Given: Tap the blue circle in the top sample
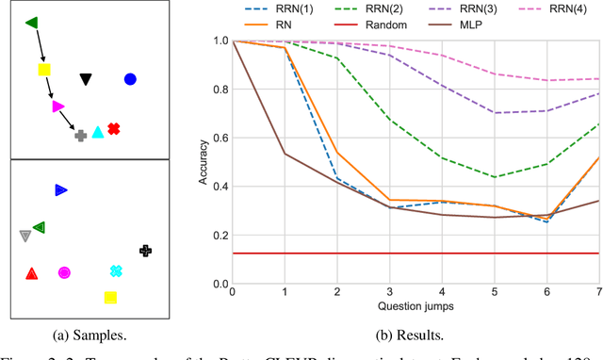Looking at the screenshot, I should coord(130,79).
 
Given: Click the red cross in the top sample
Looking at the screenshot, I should coord(113,129).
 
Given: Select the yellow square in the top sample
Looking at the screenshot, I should coord(43,70).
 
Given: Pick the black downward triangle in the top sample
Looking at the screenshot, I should coord(85,80).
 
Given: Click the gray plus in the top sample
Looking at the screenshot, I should coord(81,136).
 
